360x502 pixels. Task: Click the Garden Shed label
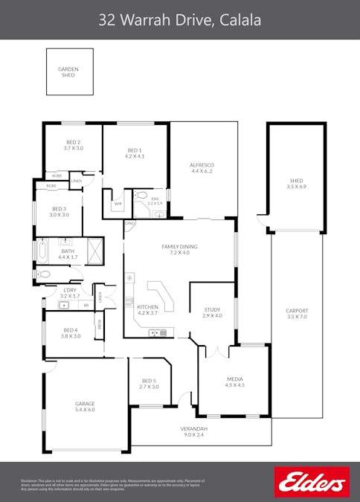[68, 72]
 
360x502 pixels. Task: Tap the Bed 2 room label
[73, 145]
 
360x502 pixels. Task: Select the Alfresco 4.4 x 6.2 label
[202, 167]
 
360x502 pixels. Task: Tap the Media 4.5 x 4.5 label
[234, 382]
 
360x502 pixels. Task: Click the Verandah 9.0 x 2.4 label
[193, 431]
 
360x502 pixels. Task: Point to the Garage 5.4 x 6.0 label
[85, 406]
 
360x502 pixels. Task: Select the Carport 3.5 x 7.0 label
[297, 314]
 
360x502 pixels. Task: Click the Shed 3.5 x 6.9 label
[297, 184]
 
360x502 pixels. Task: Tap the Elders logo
[312, 482]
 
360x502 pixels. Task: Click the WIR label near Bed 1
[118, 203]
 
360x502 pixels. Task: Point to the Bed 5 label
[149, 384]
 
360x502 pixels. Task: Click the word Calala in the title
[239, 20]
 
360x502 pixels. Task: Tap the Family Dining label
[180, 249]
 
